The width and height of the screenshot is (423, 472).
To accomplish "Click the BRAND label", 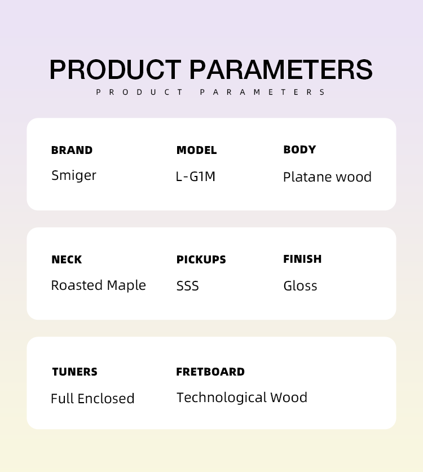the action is click(72, 150).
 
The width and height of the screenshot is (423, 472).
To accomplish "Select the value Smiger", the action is click(74, 175).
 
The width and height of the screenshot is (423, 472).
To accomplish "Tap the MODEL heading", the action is click(197, 150).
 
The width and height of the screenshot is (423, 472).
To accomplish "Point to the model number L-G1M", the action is click(195, 177).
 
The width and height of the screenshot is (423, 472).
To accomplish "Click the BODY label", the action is click(299, 149).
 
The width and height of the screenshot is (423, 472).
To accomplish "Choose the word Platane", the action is click(308, 177).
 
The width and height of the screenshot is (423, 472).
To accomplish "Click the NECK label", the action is click(67, 259).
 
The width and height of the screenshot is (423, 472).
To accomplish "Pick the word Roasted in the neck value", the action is click(77, 285).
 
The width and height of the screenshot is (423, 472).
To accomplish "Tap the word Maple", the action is click(126, 285).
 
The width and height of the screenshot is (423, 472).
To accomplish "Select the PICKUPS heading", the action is click(201, 259).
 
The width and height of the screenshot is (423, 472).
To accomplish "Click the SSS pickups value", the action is click(188, 286).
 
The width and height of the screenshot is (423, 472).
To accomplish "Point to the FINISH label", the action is click(302, 259).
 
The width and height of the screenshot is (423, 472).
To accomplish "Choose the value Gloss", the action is click(300, 286).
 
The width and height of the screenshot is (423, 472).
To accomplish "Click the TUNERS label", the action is click(74, 372).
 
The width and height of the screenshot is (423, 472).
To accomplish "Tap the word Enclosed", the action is click(106, 398).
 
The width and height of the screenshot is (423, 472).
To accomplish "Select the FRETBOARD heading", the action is click(210, 372).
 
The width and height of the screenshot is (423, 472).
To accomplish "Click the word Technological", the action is click(221, 398).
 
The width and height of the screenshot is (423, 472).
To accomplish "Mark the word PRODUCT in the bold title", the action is click(115, 69).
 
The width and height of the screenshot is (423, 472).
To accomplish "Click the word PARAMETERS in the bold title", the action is click(281, 69).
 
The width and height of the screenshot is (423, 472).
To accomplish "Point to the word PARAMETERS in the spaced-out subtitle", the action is click(262, 92).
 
